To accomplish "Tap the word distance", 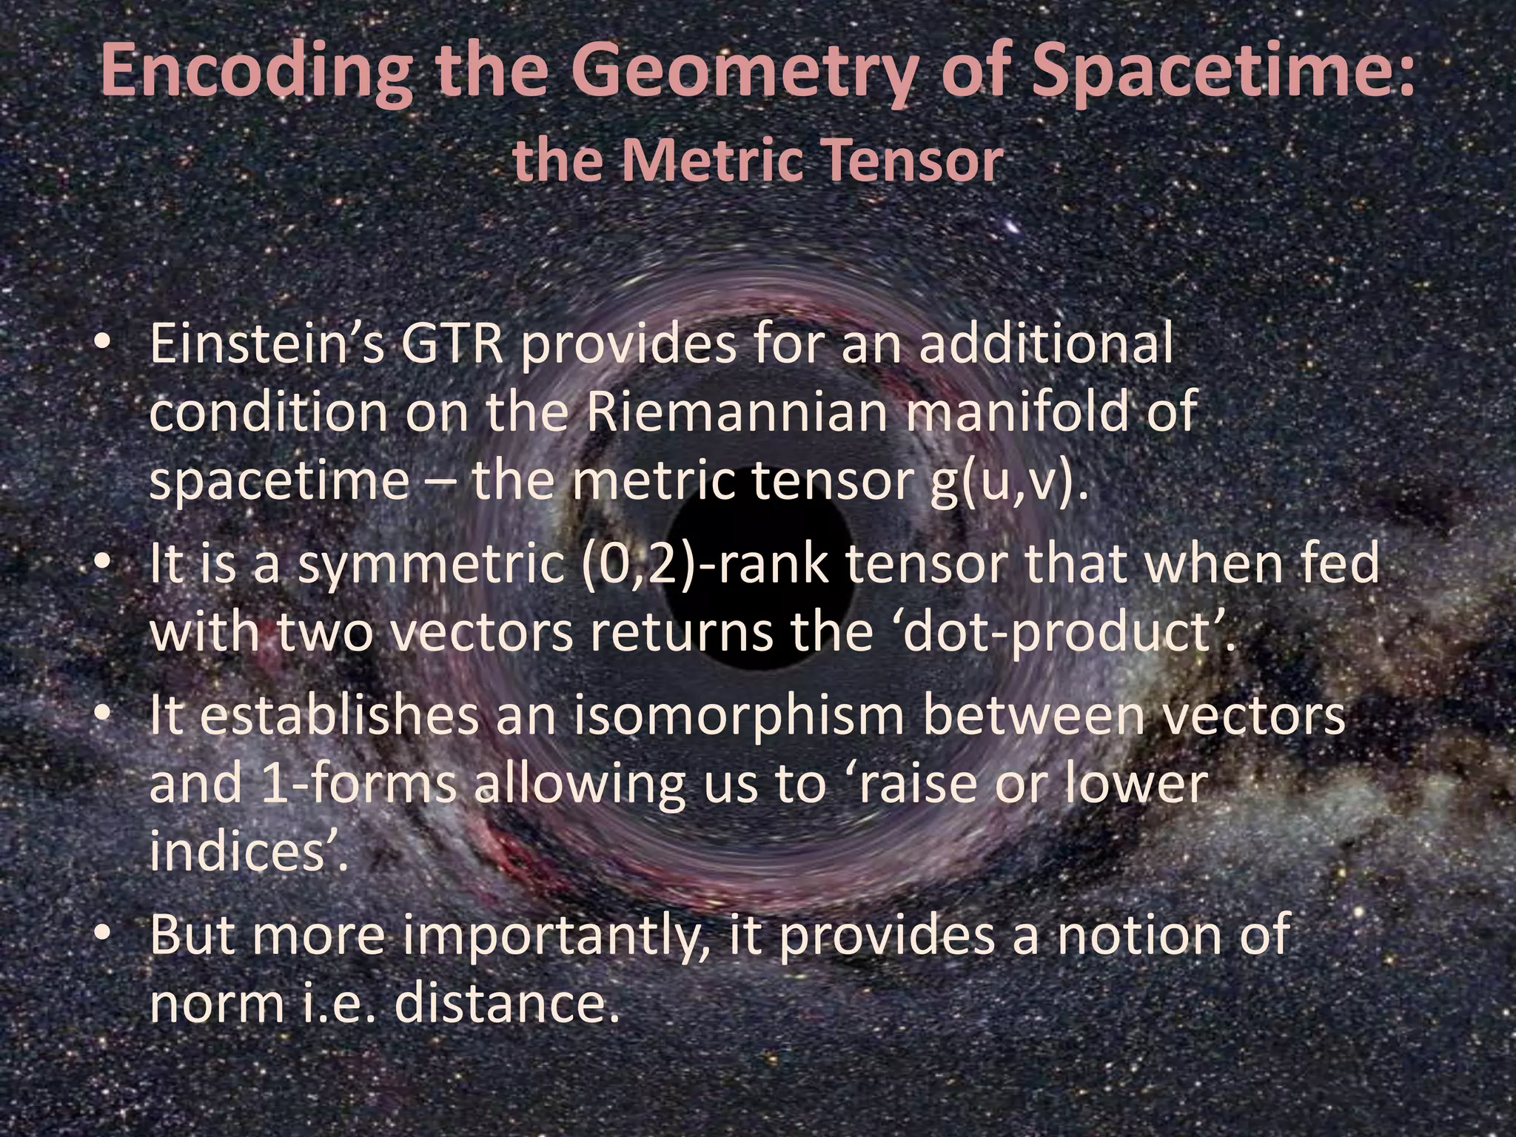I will (x=506, y=1004).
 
